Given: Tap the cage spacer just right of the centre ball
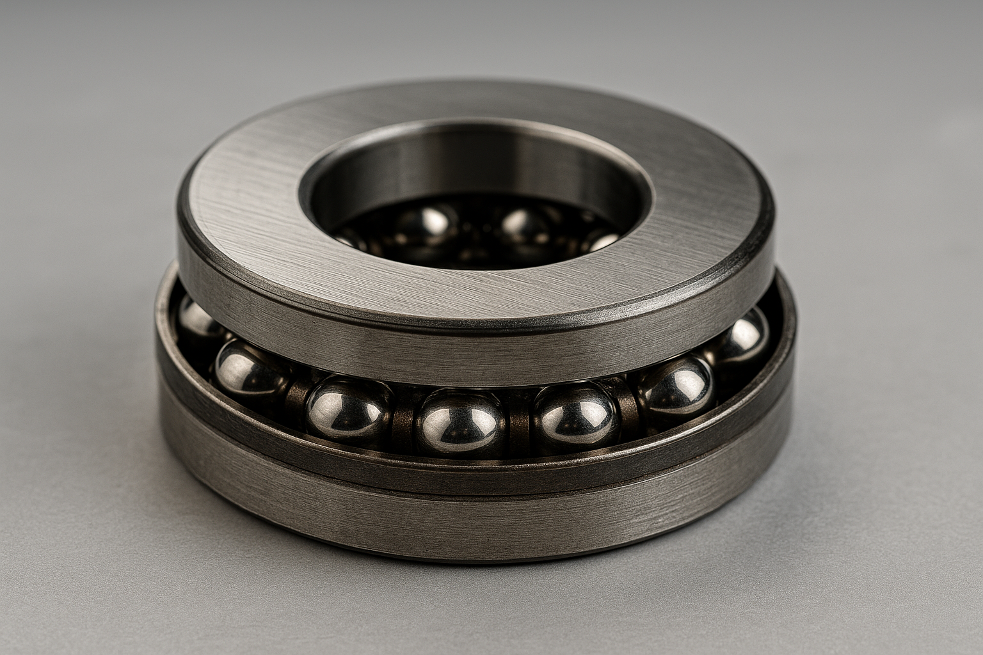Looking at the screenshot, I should tap(518, 425).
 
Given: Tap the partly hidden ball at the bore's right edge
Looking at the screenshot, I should tap(602, 242).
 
